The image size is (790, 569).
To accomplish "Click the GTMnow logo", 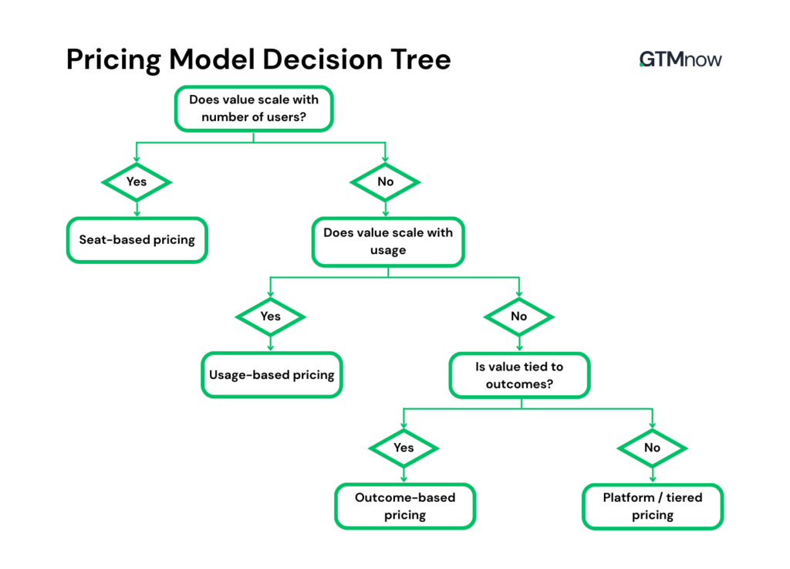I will (680, 59).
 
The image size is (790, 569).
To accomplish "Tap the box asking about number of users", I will (254, 109).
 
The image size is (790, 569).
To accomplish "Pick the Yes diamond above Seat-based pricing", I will (137, 181).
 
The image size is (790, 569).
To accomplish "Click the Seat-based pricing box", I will (137, 240).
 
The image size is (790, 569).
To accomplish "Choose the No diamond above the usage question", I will (386, 181).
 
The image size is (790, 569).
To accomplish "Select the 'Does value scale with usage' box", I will (388, 241).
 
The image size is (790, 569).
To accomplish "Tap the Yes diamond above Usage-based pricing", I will (270, 317).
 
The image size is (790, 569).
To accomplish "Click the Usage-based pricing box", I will (272, 375).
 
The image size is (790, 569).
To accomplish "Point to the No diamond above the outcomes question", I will (518, 317).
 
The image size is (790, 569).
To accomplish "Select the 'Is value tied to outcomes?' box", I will (519, 375).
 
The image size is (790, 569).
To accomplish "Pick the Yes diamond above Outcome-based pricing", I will (403, 448).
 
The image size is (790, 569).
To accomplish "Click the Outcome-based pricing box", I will (405, 506).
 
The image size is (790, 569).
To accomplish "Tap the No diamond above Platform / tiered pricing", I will (653, 448).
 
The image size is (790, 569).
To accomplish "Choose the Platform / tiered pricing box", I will (653, 506).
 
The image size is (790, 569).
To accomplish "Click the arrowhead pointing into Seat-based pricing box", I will (137, 214).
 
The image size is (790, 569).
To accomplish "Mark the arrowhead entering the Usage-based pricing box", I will (270, 349).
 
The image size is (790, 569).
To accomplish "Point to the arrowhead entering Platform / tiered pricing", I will (653, 480).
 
